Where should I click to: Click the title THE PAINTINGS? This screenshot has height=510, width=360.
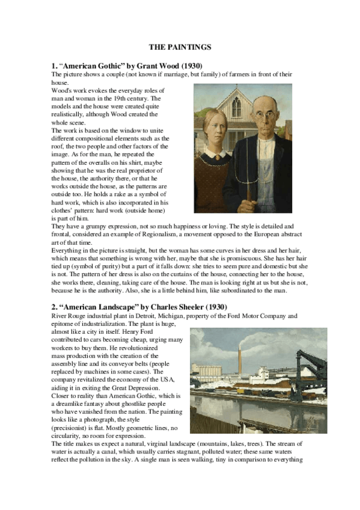pos(179,46)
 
